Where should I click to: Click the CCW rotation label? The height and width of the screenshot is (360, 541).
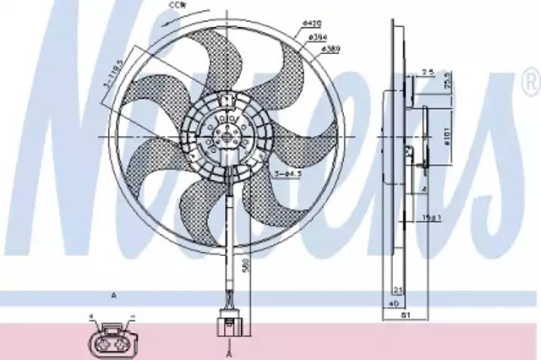click(199, 7)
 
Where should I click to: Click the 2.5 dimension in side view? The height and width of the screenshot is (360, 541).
click(429, 73)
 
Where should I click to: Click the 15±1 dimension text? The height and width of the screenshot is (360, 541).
click(430, 217)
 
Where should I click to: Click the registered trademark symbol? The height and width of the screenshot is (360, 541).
click(530, 83)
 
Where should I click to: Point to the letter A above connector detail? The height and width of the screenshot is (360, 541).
click(112, 297)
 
